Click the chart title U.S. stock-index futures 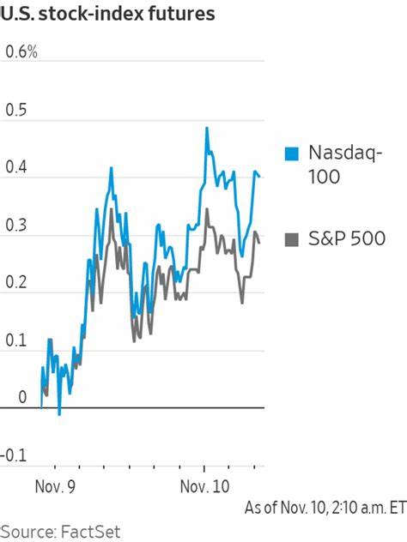coord(107,15)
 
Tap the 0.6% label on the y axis coord(21,52)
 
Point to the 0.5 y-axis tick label coord(16,111)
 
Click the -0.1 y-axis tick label coord(16,455)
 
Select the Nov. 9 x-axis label coord(55,485)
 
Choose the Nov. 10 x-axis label coord(204,485)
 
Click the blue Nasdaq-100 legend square coord(291,154)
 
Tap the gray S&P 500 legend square coord(291,238)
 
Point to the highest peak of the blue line coord(207,128)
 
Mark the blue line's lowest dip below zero coord(59,414)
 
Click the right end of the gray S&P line coord(260,243)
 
